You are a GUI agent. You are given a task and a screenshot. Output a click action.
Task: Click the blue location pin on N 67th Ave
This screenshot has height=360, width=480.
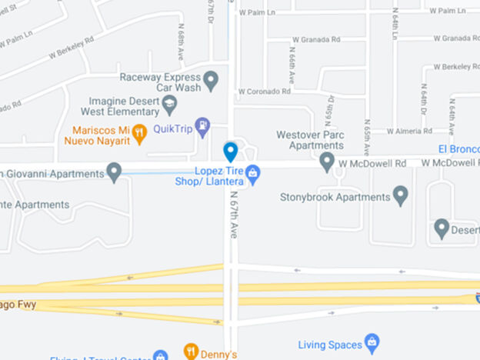click(x=230, y=151)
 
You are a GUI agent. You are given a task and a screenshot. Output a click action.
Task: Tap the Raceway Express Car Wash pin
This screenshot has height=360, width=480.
click(x=211, y=79)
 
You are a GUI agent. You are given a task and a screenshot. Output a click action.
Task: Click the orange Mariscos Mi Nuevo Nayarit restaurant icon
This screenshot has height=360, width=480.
click(x=139, y=133)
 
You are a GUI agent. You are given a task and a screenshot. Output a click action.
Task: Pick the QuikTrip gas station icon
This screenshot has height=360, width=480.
click(x=202, y=126)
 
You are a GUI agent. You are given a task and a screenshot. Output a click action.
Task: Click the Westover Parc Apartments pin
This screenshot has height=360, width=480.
click(x=327, y=162)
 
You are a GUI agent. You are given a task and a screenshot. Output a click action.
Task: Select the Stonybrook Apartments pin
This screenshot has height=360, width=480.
click(x=400, y=196)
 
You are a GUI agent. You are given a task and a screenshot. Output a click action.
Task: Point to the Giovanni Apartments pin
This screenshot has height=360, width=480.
click(x=115, y=172)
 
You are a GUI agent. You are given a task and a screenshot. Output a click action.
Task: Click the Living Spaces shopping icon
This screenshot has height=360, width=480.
click(x=372, y=342)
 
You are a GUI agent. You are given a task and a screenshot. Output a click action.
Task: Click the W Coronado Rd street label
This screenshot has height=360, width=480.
click(x=264, y=91)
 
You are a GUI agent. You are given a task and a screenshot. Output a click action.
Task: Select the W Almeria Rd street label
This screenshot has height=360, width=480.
click(x=411, y=131)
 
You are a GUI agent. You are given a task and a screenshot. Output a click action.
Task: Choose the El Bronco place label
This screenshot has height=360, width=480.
click(x=459, y=148)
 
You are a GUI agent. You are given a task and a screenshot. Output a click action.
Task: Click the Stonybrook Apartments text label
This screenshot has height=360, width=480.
click(x=335, y=197)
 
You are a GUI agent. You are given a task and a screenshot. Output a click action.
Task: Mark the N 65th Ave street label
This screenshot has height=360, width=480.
click(x=367, y=138)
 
